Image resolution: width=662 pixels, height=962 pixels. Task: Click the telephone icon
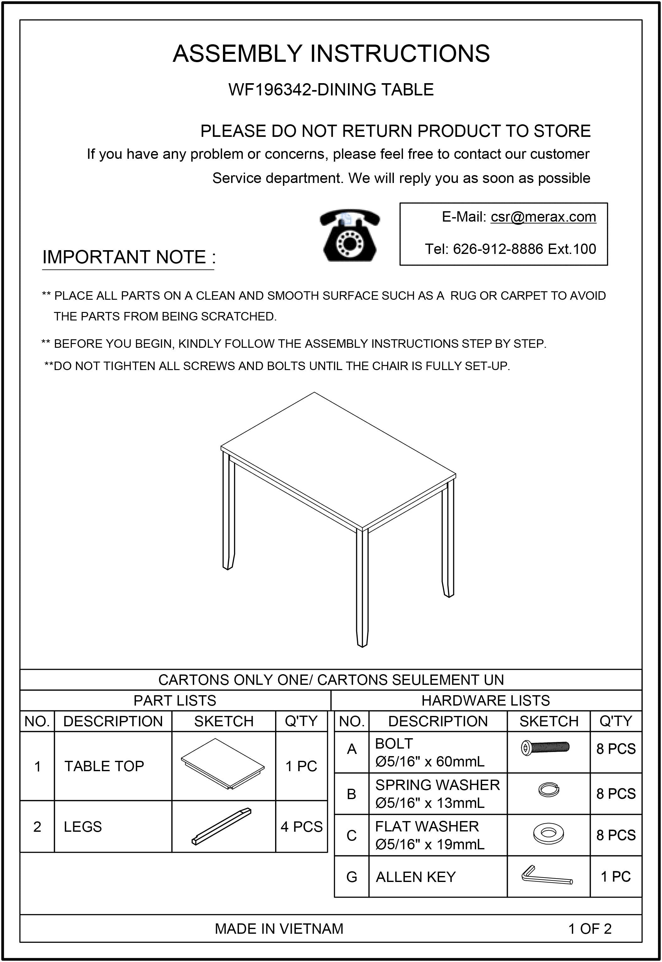point(350,235)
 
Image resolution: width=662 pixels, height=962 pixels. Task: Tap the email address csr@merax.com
point(543,217)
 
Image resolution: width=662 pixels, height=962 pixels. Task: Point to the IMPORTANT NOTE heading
point(128,257)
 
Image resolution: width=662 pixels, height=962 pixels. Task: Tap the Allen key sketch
point(547,875)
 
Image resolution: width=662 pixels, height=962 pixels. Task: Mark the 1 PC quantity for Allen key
point(616,876)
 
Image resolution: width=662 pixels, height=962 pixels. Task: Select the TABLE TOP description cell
point(104,766)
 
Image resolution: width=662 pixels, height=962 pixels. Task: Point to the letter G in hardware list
point(351,877)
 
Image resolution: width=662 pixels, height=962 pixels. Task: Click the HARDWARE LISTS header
point(485,701)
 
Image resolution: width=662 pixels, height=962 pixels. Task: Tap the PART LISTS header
point(175,701)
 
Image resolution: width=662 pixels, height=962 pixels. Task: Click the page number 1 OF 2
point(589,929)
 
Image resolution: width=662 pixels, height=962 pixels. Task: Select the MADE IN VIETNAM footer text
point(279,929)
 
